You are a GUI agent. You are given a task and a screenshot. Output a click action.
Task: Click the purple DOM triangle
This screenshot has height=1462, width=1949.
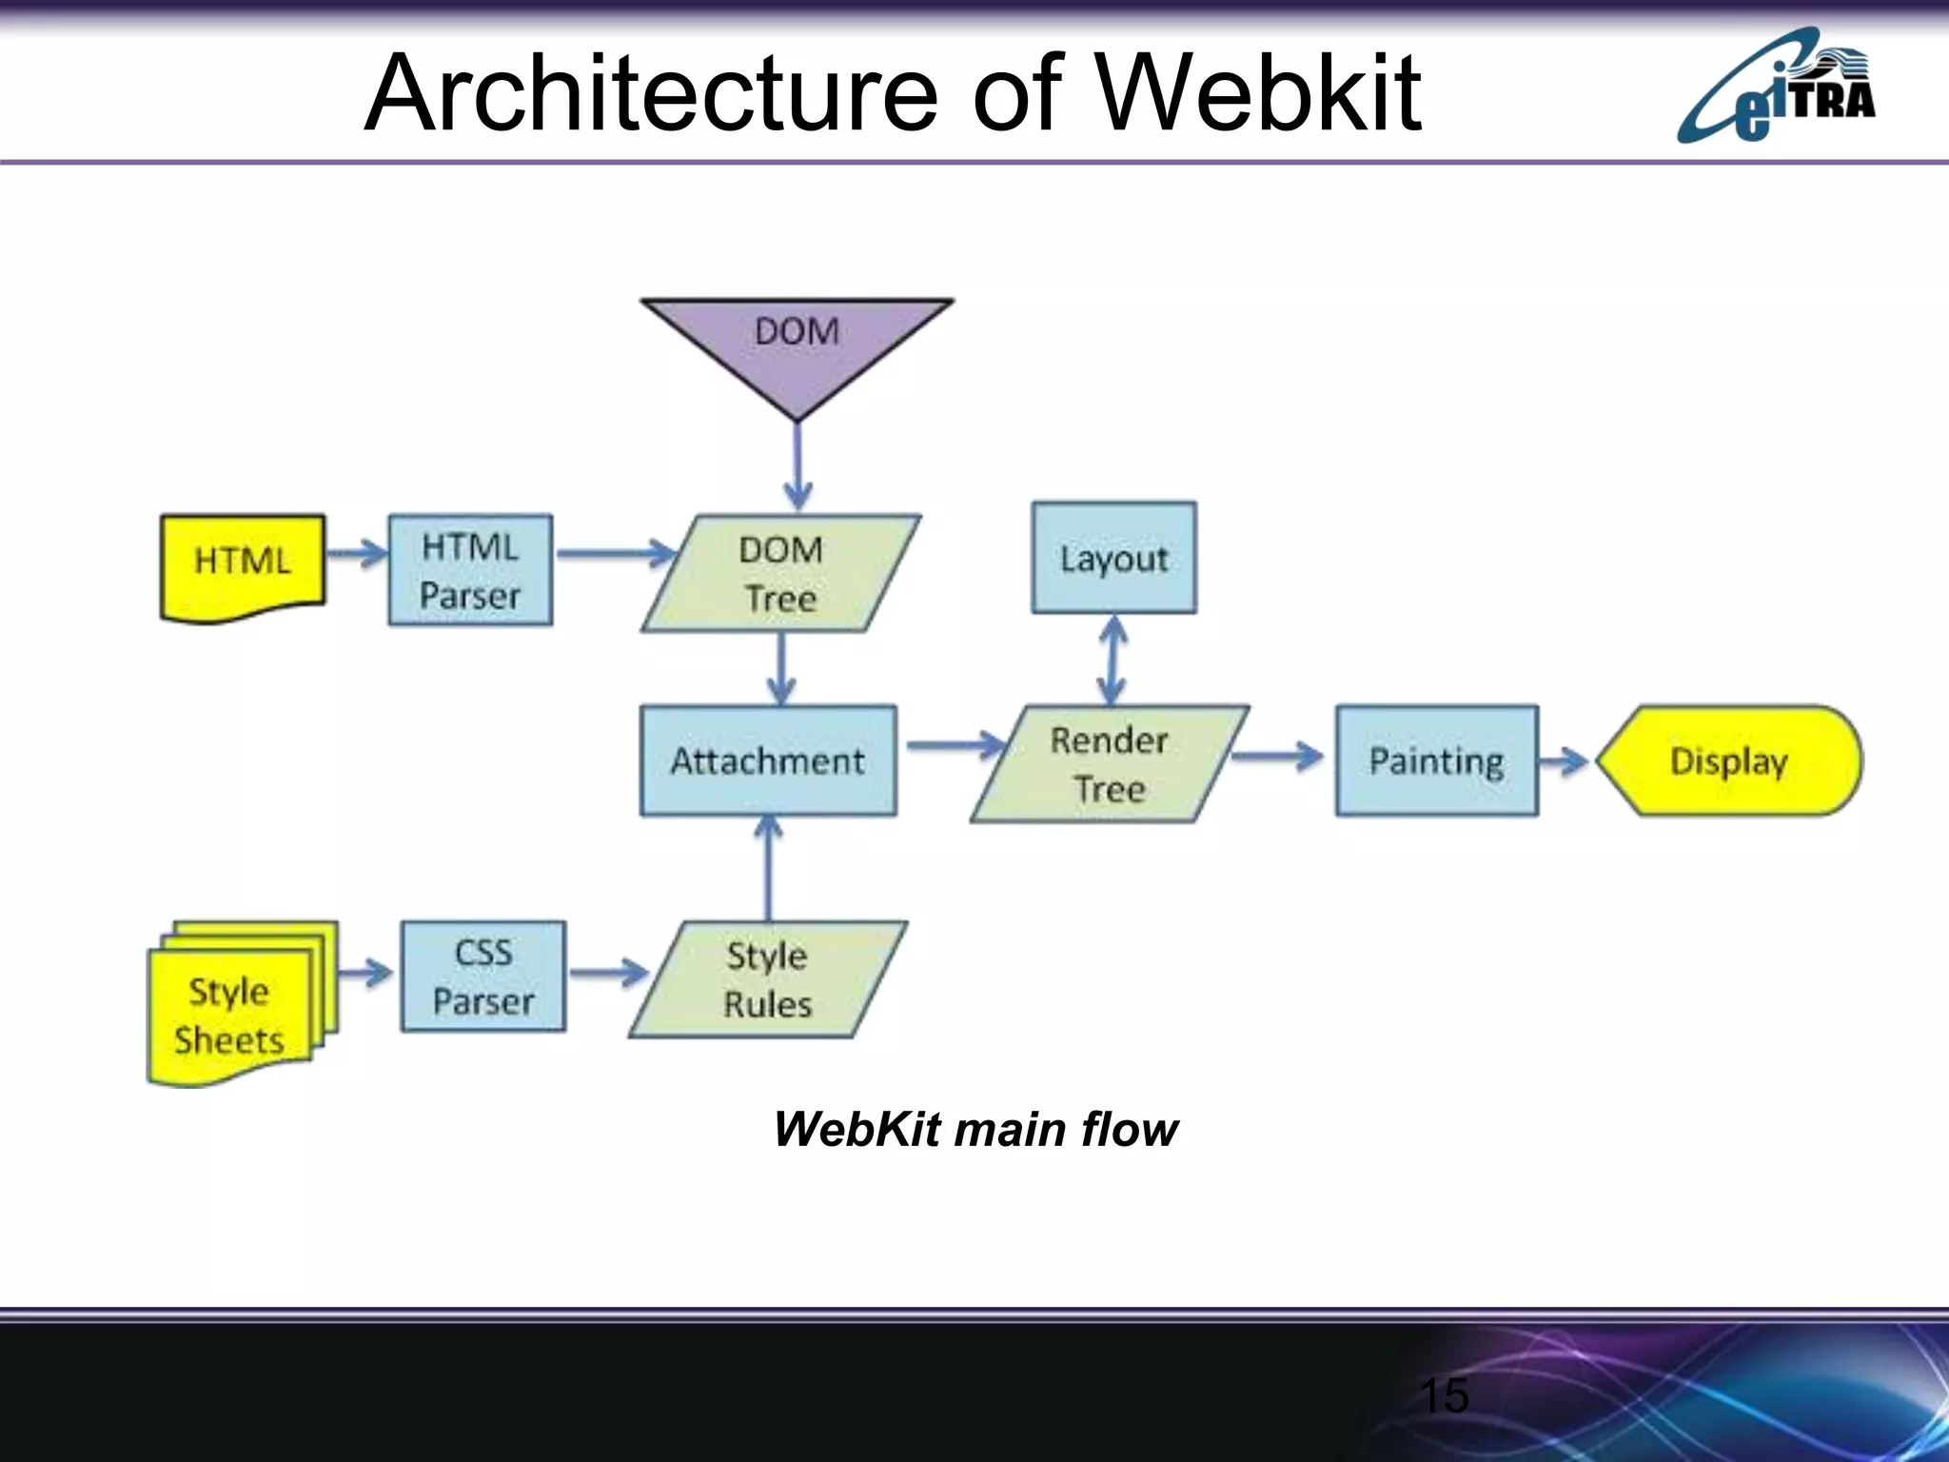tap(797, 346)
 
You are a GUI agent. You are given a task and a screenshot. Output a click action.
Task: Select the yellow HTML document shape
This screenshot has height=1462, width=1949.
tap(243, 566)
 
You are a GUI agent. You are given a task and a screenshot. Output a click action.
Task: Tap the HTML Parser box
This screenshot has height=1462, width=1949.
tap(470, 570)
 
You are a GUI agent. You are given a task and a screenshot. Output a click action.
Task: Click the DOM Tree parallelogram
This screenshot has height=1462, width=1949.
tap(780, 573)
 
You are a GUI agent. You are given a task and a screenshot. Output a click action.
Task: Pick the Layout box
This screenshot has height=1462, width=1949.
tap(1113, 558)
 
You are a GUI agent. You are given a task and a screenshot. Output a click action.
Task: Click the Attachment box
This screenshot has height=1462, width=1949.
tap(768, 761)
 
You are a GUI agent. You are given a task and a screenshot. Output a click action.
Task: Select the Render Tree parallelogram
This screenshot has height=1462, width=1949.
tap(1110, 763)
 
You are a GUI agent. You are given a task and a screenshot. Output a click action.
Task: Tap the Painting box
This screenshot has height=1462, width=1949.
tap(1436, 761)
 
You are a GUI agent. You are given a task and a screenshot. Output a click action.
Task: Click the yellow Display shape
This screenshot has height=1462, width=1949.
tap(1728, 761)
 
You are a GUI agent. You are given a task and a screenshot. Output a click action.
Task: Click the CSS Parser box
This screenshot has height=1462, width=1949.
tap(483, 977)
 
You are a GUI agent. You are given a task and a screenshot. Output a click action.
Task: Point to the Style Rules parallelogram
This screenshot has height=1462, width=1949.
tap(768, 979)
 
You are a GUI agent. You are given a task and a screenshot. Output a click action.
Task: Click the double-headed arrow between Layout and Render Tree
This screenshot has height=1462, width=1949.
tap(1112, 660)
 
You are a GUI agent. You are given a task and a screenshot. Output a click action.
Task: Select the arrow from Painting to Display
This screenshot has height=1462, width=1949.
tap(1565, 761)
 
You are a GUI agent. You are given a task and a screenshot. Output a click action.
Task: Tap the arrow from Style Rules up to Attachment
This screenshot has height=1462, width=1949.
tap(768, 868)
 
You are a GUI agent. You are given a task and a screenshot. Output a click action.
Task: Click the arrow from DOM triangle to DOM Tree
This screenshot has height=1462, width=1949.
tap(797, 466)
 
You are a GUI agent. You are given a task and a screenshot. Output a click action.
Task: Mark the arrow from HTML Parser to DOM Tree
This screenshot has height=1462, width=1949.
tap(615, 553)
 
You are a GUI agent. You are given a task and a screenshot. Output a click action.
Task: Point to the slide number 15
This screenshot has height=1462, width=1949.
tap(1444, 1395)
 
